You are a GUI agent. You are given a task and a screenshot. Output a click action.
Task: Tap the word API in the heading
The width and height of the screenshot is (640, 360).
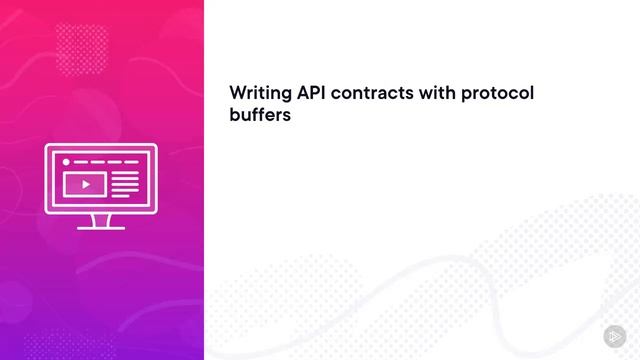(x=308, y=93)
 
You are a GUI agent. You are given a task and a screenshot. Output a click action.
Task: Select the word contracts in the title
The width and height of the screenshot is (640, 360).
(x=370, y=93)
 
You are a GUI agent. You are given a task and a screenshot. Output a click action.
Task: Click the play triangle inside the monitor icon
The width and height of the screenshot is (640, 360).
(x=86, y=184)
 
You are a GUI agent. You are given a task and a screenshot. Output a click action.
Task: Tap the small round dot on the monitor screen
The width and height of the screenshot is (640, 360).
(x=67, y=161)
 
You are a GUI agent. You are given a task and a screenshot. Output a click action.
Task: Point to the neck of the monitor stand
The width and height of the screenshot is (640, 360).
(x=101, y=218)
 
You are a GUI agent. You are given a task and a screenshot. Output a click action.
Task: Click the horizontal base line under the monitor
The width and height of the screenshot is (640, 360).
(x=101, y=228)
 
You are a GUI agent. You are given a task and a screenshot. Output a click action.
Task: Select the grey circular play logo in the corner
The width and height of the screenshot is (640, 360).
(x=613, y=335)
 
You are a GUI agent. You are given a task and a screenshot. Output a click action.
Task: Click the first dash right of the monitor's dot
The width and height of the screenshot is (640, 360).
(x=82, y=161)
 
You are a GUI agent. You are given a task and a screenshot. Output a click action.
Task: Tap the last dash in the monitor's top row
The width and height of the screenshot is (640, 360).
(x=130, y=161)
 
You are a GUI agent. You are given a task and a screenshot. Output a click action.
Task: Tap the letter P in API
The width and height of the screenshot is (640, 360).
(x=309, y=93)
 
